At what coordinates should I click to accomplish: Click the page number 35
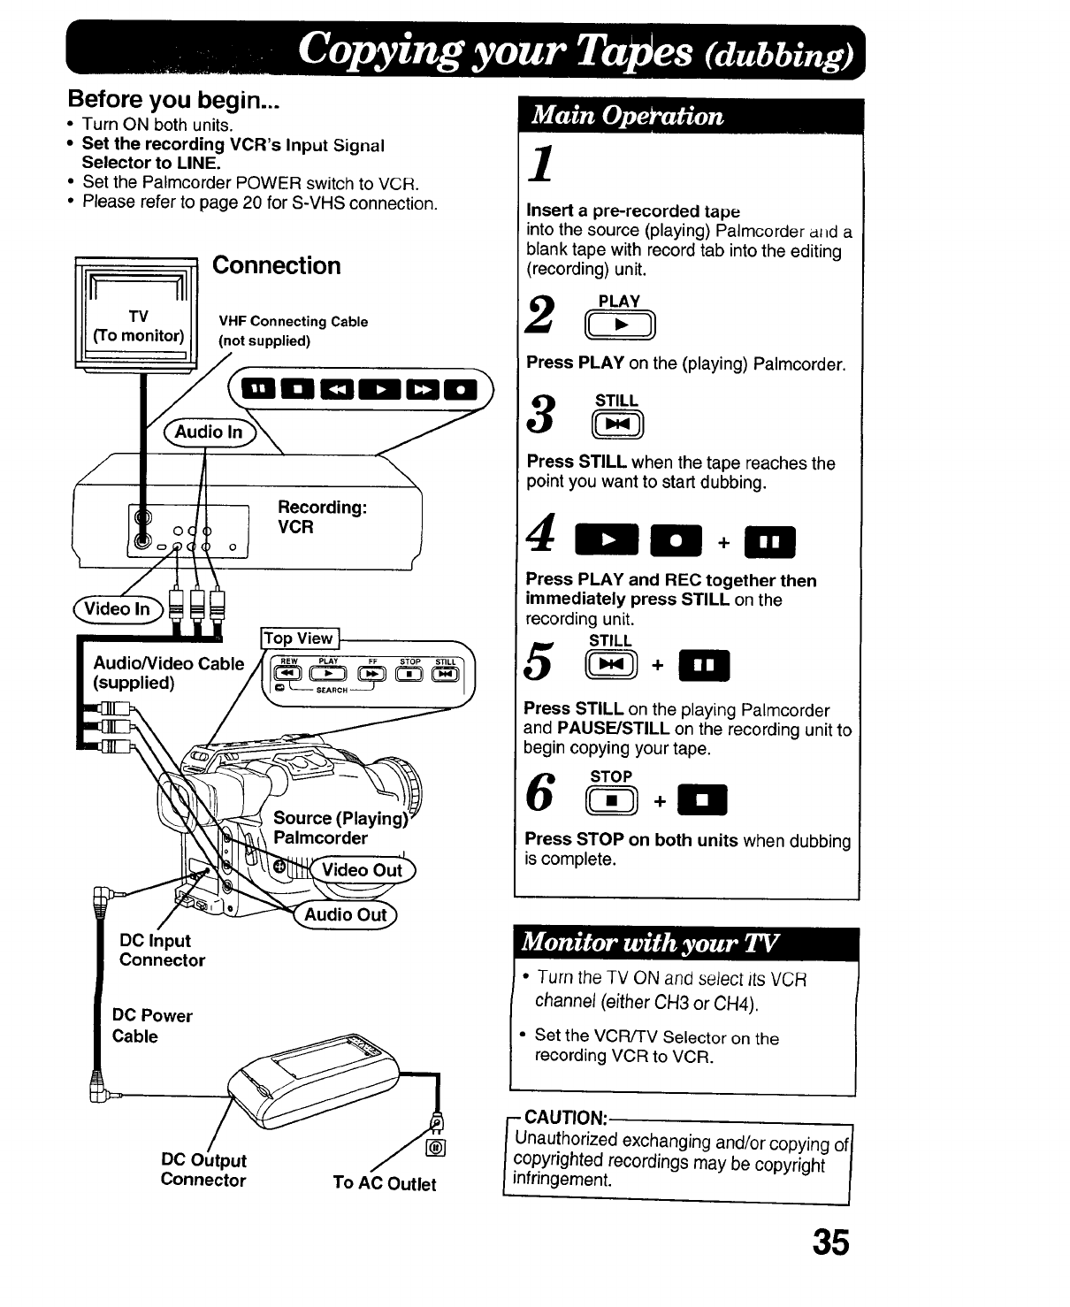point(831,1242)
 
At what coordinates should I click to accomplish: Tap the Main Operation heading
point(625,116)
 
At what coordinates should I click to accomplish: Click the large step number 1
point(542,165)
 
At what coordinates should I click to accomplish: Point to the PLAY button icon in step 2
point(620,326)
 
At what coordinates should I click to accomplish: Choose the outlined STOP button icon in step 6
point(611,801)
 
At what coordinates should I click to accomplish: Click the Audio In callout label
point(209,432)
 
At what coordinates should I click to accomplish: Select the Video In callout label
point(117,609)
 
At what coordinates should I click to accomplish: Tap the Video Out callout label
point(362,870)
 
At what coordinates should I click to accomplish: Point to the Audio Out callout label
point(346,915)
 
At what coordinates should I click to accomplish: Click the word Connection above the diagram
point(277,265)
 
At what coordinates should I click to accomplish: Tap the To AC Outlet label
point(385,1183)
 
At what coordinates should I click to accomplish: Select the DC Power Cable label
point(152,1026)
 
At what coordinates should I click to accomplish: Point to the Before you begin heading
point(173,99)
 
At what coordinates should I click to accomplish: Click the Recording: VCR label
point(322,517)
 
